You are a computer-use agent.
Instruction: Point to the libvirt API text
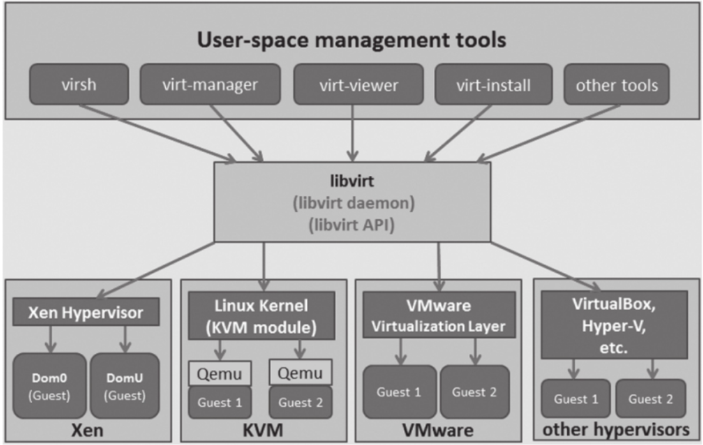coord(351,224)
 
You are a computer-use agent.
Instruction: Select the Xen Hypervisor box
coord(86,313)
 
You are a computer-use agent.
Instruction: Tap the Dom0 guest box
coord(49,385)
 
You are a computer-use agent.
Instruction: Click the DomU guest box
coord(124,385)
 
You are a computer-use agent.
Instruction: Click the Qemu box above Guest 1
coord(220,373)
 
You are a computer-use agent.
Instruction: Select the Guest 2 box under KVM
coord(300,403)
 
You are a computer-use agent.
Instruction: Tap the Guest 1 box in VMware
coord(400,392)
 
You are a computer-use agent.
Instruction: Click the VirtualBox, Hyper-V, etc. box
coord(614,324)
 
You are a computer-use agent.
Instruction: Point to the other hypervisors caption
coord(615,430)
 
